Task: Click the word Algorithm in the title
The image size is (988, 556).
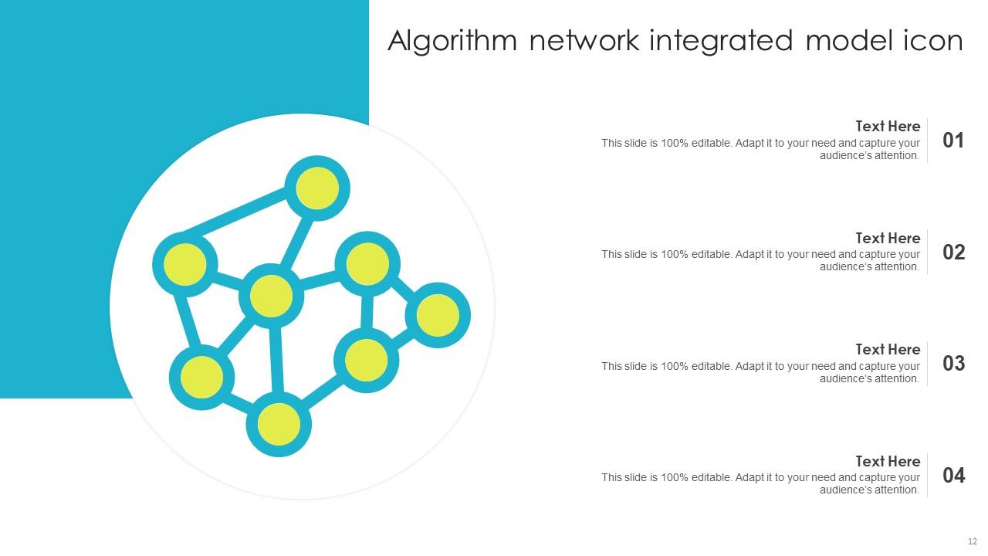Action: click(x=452, y=42)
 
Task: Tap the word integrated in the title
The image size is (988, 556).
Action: click(x=721, y=42)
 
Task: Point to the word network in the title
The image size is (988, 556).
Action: click(x=584, y=41)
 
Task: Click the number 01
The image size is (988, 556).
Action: click(x=953, y=141)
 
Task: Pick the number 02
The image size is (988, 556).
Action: click(x=953, y=253)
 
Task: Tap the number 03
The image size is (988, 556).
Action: click(x=953, y=364)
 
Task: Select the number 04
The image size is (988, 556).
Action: click(x=953, y=475)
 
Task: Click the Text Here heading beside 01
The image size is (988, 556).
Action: click(x=888, y=126)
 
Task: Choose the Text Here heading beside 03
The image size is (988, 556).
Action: click(x=888, y=350)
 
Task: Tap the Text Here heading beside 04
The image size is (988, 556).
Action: click(x=888, y=461)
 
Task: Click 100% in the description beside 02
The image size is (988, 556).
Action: click(x=675, y=255)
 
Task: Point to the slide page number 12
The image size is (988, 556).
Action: click(x=973, y=541)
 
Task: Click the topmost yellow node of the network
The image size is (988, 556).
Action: click(x=317, y=188)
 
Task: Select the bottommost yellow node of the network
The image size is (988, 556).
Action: click(x=279, y=424)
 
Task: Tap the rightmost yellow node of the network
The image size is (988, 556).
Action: click(x=438, y=315)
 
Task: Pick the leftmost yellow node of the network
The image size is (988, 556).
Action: click(x=184, y=264)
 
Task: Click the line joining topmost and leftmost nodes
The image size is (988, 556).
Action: click(x=235, y=212)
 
